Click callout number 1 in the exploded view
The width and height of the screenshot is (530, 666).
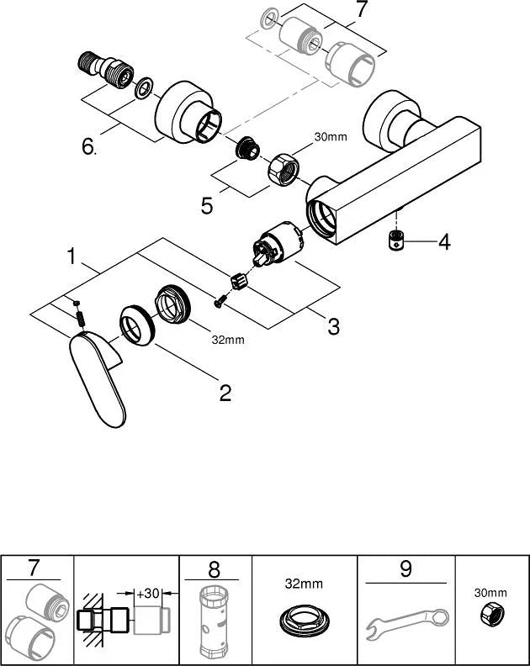pos(72,256)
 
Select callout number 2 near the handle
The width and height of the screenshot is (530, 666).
pos(225,394)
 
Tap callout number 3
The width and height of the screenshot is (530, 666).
pos(334,326)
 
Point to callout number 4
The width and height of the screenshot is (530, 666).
pos(444,242)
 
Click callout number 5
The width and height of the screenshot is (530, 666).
pos(207,206)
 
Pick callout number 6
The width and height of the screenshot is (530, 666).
pos(89,147)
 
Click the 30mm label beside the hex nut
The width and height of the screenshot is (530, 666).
pos(331,137)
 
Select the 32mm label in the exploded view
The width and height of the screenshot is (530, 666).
pos(228,340)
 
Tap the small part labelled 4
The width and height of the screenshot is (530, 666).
pos(395,241)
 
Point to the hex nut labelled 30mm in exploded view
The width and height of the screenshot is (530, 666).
pos(284,170)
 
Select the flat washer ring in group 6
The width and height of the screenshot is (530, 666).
pos(144,87)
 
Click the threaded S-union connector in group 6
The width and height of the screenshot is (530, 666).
pos(106,69)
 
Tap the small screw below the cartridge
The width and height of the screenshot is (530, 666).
pos(220,302)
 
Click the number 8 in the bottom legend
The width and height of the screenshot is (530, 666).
pos(215,569)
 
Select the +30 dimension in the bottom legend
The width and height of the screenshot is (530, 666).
pos(147,593)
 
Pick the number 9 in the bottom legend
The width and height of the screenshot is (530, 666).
pos(405,569)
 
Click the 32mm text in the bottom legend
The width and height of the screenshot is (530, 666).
pos(304,584)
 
